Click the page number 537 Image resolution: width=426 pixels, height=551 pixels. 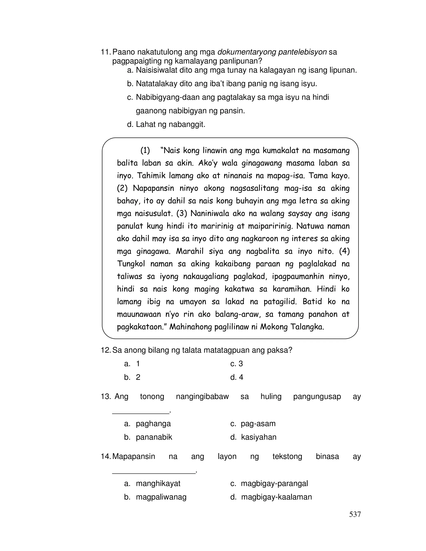(x=355, y=514)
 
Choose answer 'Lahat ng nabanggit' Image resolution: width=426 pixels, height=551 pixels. (x=170, y=124)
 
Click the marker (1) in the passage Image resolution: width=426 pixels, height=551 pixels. (x=145, y=151)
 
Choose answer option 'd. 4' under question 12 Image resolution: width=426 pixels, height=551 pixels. (x=237, y=377)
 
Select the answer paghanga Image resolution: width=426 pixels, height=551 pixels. (x=153, y=424)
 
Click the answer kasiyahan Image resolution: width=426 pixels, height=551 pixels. (x=258, y=437)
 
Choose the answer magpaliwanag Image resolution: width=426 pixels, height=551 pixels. (x=161, y=497)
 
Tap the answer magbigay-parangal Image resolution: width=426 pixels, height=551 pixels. (x=274, y=483)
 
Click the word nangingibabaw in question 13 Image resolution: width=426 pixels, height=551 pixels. (x=202, y=397)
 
